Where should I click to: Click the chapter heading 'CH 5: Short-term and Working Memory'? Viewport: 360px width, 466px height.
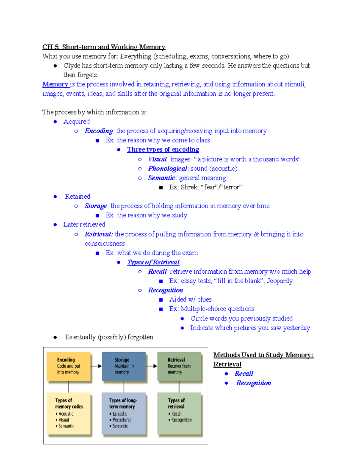pos(103,47)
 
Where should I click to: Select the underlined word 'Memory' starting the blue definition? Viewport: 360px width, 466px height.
pos(55,84)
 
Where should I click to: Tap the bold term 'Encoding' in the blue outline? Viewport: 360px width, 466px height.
pos(98,131)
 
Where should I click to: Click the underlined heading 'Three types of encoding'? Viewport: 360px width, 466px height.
pos(163,149)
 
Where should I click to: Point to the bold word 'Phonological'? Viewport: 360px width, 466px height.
pos(167,168)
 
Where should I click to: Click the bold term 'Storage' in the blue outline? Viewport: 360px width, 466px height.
pos(95,206)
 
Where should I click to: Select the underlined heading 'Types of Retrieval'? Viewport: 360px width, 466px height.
pos(153,262)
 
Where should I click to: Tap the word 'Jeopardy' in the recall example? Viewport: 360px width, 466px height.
pos(280,281)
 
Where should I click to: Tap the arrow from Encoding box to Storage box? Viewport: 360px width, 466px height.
pos(96,366)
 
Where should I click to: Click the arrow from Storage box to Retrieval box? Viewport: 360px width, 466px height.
pos(151,366)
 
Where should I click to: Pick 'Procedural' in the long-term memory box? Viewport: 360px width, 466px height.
pos(121,420)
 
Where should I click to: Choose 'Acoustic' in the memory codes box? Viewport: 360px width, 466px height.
pos(66,414)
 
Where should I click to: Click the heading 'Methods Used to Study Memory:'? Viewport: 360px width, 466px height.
pos(263,355)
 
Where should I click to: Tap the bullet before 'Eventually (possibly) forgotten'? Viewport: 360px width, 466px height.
pos(55,337)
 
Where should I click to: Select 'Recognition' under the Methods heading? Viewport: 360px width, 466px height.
pos(253,383)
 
